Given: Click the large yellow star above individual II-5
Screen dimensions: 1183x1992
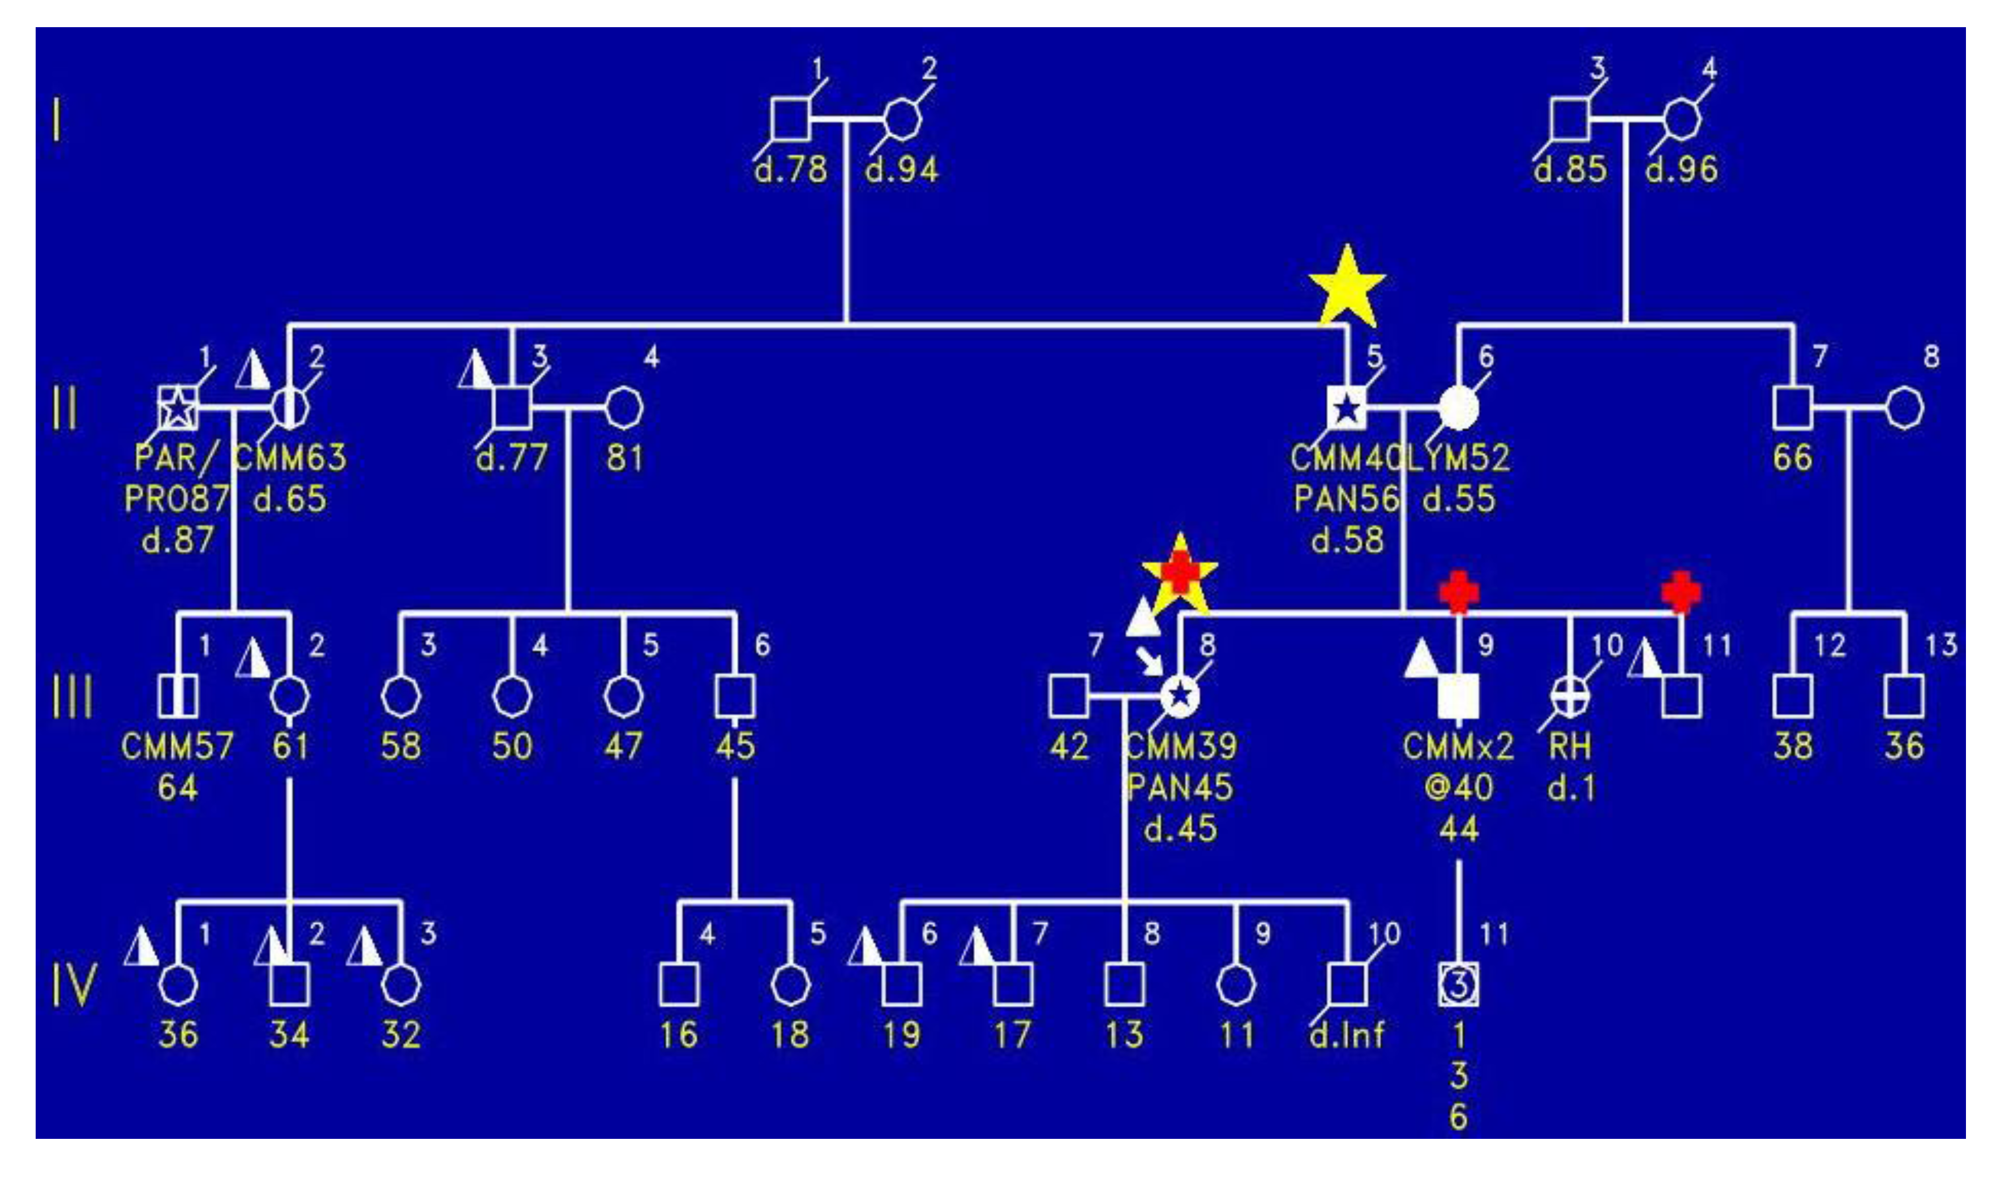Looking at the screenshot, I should tap(1346, 289).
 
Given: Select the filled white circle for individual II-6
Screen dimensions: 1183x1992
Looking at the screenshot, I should tap(1458, 408).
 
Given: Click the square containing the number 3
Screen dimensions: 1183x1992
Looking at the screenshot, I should tap(1458, 985).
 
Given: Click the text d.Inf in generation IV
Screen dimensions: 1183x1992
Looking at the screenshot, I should tap(1346, 1035).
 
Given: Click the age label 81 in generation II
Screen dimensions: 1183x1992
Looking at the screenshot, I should tap(624, 458).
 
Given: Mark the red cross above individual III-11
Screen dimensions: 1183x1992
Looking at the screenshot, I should tap(1681, 592).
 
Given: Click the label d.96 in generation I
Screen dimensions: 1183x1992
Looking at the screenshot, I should tap(1681, 170).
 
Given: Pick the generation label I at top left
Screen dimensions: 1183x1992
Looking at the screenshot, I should tap(57, 121).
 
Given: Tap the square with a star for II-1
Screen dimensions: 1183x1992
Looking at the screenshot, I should tap(177, 408).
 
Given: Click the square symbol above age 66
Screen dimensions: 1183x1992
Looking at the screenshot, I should tap(1793, 408).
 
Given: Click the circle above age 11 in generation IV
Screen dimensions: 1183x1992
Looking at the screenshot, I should tap(1236, 985).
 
